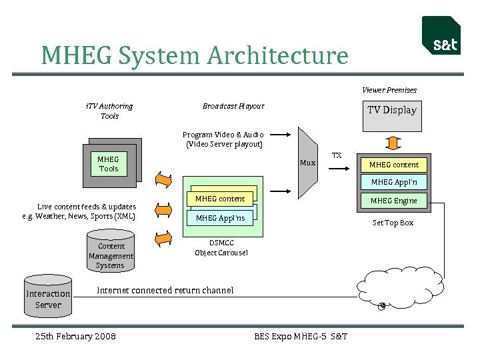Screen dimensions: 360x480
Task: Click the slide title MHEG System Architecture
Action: (x=194, y=55)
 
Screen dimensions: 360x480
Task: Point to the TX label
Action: (x=337, y=155)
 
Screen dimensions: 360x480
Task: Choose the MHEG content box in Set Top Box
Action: (x=394, y=165)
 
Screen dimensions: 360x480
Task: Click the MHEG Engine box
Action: (x=394, y=201)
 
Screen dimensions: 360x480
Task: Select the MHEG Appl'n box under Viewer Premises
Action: (x=394, y=182)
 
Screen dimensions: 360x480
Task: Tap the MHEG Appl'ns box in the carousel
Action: (x=220, y=218)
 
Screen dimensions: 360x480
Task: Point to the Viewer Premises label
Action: (x=389, y=90)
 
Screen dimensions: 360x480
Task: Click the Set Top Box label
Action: (x=393, y=223)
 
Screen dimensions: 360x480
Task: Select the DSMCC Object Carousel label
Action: (x=221, y=248)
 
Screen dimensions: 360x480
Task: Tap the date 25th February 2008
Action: (x=75, y=336)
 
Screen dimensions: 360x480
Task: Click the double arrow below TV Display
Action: (x=393, y=143)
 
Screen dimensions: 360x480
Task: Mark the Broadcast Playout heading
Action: (x=233, y=106)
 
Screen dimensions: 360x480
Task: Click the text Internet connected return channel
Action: (x=165, y=290)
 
